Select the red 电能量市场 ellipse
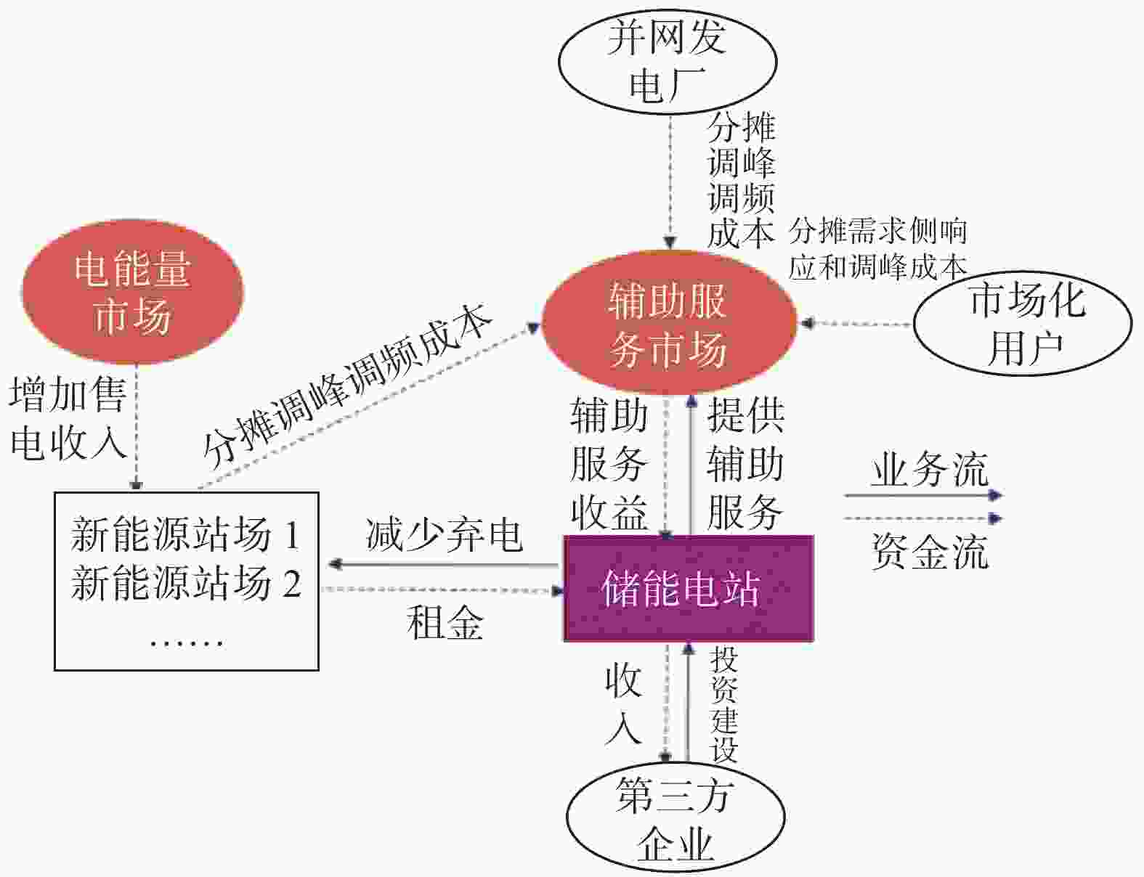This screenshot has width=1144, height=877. [133, 292]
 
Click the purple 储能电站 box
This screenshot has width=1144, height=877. [689, 588]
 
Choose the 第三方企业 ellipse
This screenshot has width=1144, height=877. [676, 819]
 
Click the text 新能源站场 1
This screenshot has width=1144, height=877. [186, 534]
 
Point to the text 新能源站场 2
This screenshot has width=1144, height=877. [186, 583]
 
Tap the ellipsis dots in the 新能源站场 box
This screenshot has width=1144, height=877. [187, 643]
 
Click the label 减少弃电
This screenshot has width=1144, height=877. [445, 536]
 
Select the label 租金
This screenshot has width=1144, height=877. [445, 623]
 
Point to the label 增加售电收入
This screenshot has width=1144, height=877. [68, 419]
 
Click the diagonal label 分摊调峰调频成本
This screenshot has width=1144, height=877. [347, 387]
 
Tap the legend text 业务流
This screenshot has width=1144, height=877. [930, 469]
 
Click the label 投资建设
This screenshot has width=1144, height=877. [724, 704]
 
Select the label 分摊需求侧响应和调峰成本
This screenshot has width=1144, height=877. [877, 249]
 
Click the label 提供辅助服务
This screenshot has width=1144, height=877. [745, 464]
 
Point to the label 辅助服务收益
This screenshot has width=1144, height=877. [609, 464]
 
